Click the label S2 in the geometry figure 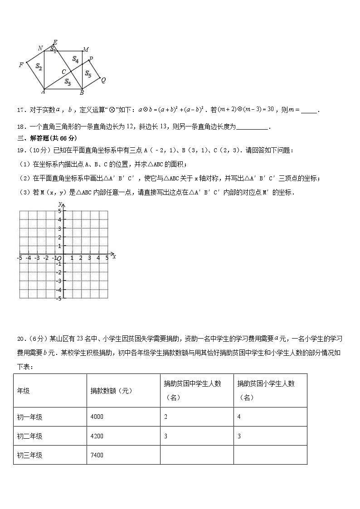(x=39, y=67)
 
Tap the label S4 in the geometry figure (x=76, y=59)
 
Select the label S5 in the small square (x=88, y=74)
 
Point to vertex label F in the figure (x=21, y=65)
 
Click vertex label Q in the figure (x=103, y=80)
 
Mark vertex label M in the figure (x=86, y=49)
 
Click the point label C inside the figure (x=64, y=72)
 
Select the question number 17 (x=21, y=110)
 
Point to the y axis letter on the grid (x=60, y=205)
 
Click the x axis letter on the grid (x=114, y=257)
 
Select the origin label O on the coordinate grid (x=59, y=258)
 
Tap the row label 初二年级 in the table (x=30, y=436)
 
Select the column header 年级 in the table (x=23, y=391)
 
